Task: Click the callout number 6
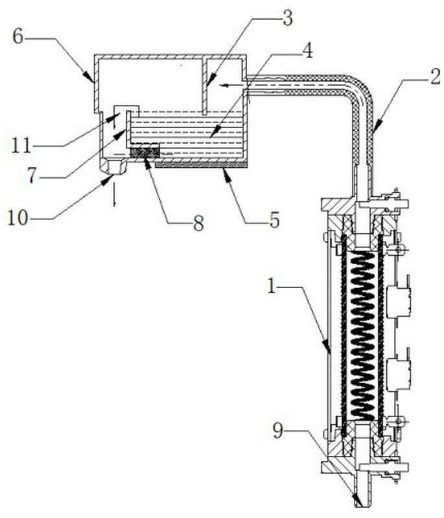point(18,36)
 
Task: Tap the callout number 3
point(287,19)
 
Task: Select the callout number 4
point(307,51)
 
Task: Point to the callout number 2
point(435,76)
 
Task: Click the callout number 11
point(21,145)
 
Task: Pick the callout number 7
point(32,175)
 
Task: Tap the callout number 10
point(18,218)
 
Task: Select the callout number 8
point(198,223)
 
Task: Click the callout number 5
point(274,220)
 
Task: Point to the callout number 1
point(272,287)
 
